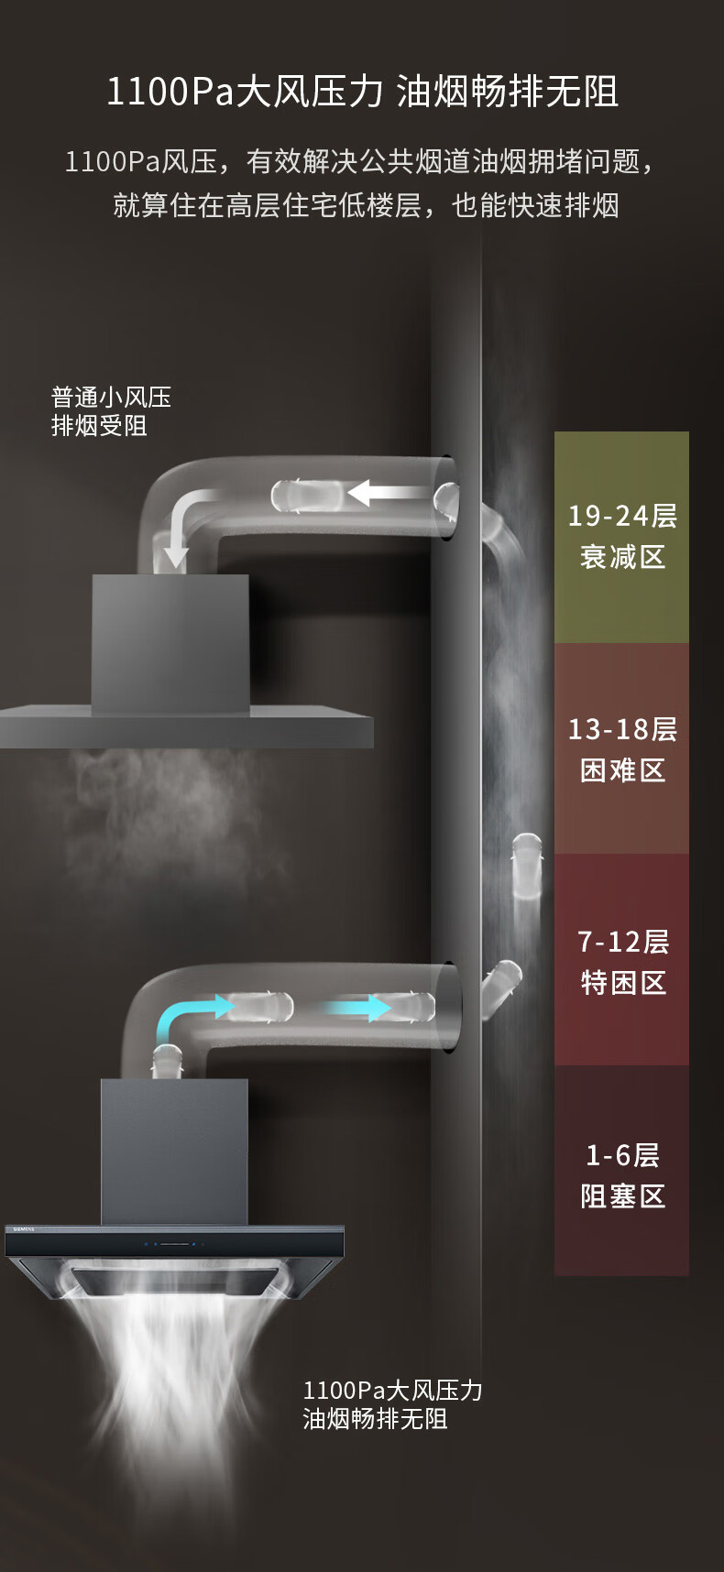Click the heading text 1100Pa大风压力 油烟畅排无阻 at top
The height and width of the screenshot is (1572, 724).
coord(362,93)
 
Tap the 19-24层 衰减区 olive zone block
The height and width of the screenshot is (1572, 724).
coord(621,536)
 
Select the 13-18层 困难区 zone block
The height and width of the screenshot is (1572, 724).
coord(621,748)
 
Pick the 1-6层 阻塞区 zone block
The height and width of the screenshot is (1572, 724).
coord(621,1173)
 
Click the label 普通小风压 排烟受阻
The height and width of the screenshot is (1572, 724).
coord(111,411)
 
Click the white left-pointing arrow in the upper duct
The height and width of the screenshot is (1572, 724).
coord(385,493)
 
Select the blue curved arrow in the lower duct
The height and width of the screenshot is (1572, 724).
coord(189,1015)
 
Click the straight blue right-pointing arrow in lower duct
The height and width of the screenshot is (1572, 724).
coord(358,1009)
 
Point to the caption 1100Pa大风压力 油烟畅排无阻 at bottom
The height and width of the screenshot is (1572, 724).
coord(392,1404)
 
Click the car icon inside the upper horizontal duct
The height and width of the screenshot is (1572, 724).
coord(307,496)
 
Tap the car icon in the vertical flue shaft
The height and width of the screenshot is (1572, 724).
coord(526,866)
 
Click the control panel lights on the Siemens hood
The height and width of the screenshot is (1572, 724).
coord(174,1244)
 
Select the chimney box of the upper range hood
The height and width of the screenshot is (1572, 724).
coord(170,641)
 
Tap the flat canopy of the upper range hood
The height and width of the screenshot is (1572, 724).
coord(186,726)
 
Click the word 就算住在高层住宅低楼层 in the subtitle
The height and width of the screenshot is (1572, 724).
coord(267,205)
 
